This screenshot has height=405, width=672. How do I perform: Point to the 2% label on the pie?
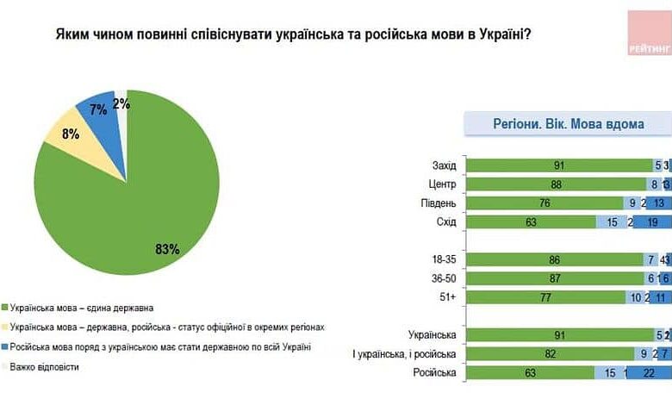click(121, 103)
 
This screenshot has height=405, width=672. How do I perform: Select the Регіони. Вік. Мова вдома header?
click(569, 124)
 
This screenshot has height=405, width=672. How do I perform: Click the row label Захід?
click(445, 166)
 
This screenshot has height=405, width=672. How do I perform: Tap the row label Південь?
click(441, 203)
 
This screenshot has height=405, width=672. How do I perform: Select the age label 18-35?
click(443, 259)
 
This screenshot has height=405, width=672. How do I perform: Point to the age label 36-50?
click(443, 277)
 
